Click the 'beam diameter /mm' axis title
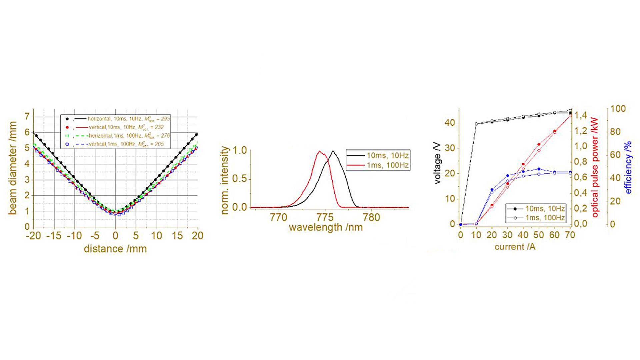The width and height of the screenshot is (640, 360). tap(13, 168)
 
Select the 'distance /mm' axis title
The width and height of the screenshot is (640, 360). tap(115, 249)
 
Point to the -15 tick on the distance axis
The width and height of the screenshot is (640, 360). tap(54, 236)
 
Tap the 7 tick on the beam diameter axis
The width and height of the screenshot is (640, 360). tap(27, 116)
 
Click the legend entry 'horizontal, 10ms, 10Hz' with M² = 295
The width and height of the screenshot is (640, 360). tap(128, 119)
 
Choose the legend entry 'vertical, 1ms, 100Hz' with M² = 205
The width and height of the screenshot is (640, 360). tap(126, 144)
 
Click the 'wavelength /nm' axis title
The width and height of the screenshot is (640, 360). tap(325, 228)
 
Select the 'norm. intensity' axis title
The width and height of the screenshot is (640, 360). tap(225, 180)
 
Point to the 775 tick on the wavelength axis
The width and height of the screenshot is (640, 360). tap(325, 218)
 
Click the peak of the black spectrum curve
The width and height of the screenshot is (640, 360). tap(333, 151)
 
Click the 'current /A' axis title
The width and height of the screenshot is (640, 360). tap(515, 247)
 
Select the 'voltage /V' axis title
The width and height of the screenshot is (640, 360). tap(437, 163)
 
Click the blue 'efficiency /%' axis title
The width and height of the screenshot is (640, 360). tap(628, 167)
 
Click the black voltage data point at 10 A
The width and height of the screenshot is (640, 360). tap(476, 124)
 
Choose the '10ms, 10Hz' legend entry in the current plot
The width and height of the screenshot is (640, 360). tap(545, 209)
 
